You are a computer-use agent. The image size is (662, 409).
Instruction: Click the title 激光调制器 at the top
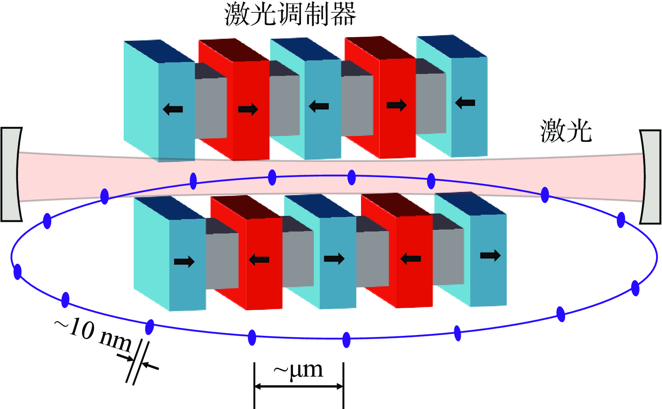pos(290,14)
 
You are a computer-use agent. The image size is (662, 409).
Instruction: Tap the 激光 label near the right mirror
pos(566,131)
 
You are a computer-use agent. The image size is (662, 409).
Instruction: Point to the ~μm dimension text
pos(298,370)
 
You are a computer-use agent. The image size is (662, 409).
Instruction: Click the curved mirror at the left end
pos(11,174)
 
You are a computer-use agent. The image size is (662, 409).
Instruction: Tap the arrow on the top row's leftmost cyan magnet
pos(173,109)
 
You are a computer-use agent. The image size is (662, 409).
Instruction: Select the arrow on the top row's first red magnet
pos(248,109)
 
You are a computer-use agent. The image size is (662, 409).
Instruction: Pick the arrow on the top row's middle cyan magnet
pos(319,106)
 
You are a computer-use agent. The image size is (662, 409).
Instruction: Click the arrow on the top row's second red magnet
pos(397,105)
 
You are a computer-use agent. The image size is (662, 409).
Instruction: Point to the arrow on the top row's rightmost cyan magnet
pos(465,103)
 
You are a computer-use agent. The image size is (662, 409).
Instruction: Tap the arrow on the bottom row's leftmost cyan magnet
pos(184,262)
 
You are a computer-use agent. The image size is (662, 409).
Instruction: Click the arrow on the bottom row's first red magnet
pos(259,260)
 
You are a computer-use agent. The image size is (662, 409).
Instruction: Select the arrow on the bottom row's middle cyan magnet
pos(334,259)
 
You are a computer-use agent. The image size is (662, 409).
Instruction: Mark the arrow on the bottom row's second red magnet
pos(411,259)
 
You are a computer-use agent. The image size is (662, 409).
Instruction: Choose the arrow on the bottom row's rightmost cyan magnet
pos(490,255)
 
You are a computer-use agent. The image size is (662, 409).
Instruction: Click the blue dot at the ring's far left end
pos(17,272)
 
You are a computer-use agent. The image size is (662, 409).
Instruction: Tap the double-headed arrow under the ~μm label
pos(299,386)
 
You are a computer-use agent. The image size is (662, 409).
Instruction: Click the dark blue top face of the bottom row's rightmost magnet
pos(470,204)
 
